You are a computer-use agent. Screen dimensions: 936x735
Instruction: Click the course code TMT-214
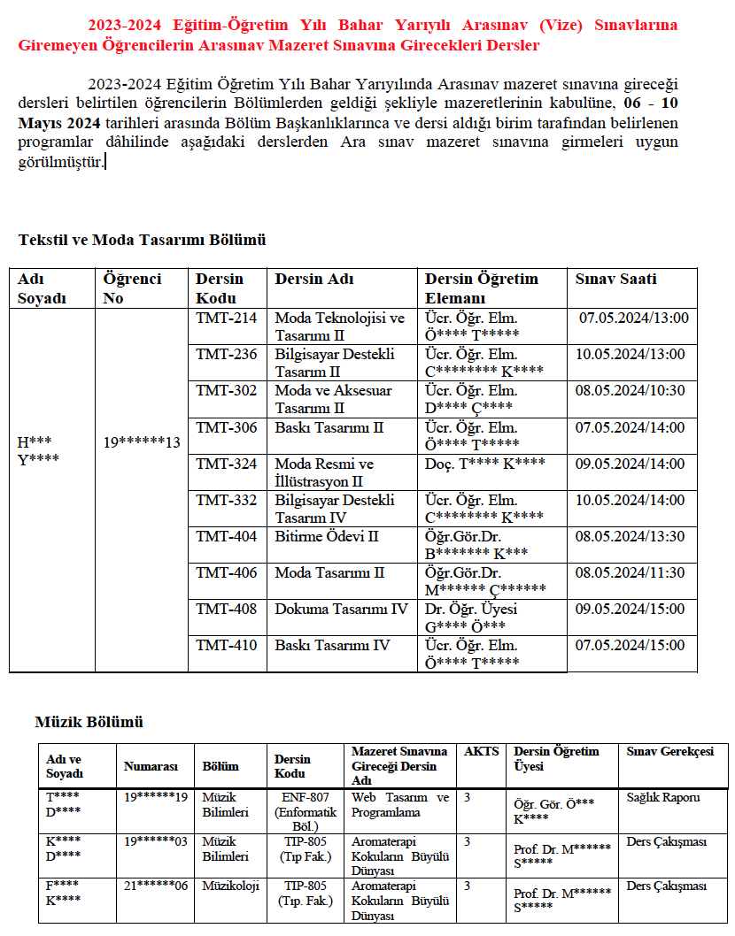click(227, 318)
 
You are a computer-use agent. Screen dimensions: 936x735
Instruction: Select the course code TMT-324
click(227, 464)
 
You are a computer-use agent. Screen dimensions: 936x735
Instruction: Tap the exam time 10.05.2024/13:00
click(630, 355)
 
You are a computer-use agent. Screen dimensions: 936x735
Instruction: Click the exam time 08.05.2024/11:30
click(630, 572)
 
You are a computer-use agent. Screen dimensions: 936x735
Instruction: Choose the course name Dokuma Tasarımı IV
click(341, 609)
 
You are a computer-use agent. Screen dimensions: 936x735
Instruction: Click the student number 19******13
click(142, 442)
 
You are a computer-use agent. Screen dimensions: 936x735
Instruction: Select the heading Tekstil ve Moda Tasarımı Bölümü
click(142, 240)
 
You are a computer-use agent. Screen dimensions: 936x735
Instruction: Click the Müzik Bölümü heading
click(89, 722)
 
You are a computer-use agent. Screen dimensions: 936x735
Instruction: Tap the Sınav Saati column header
click(616, 280)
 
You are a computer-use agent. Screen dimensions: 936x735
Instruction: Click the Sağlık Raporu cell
click(663, 797)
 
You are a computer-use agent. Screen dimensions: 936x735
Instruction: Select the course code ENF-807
click(305, 797)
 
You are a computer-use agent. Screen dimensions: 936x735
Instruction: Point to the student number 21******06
click(156, 886)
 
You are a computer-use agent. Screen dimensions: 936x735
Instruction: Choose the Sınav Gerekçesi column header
click(669, 751)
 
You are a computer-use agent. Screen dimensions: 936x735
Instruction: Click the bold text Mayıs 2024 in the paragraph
click(58, 122)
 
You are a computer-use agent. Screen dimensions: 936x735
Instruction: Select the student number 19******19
click(156, 797)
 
